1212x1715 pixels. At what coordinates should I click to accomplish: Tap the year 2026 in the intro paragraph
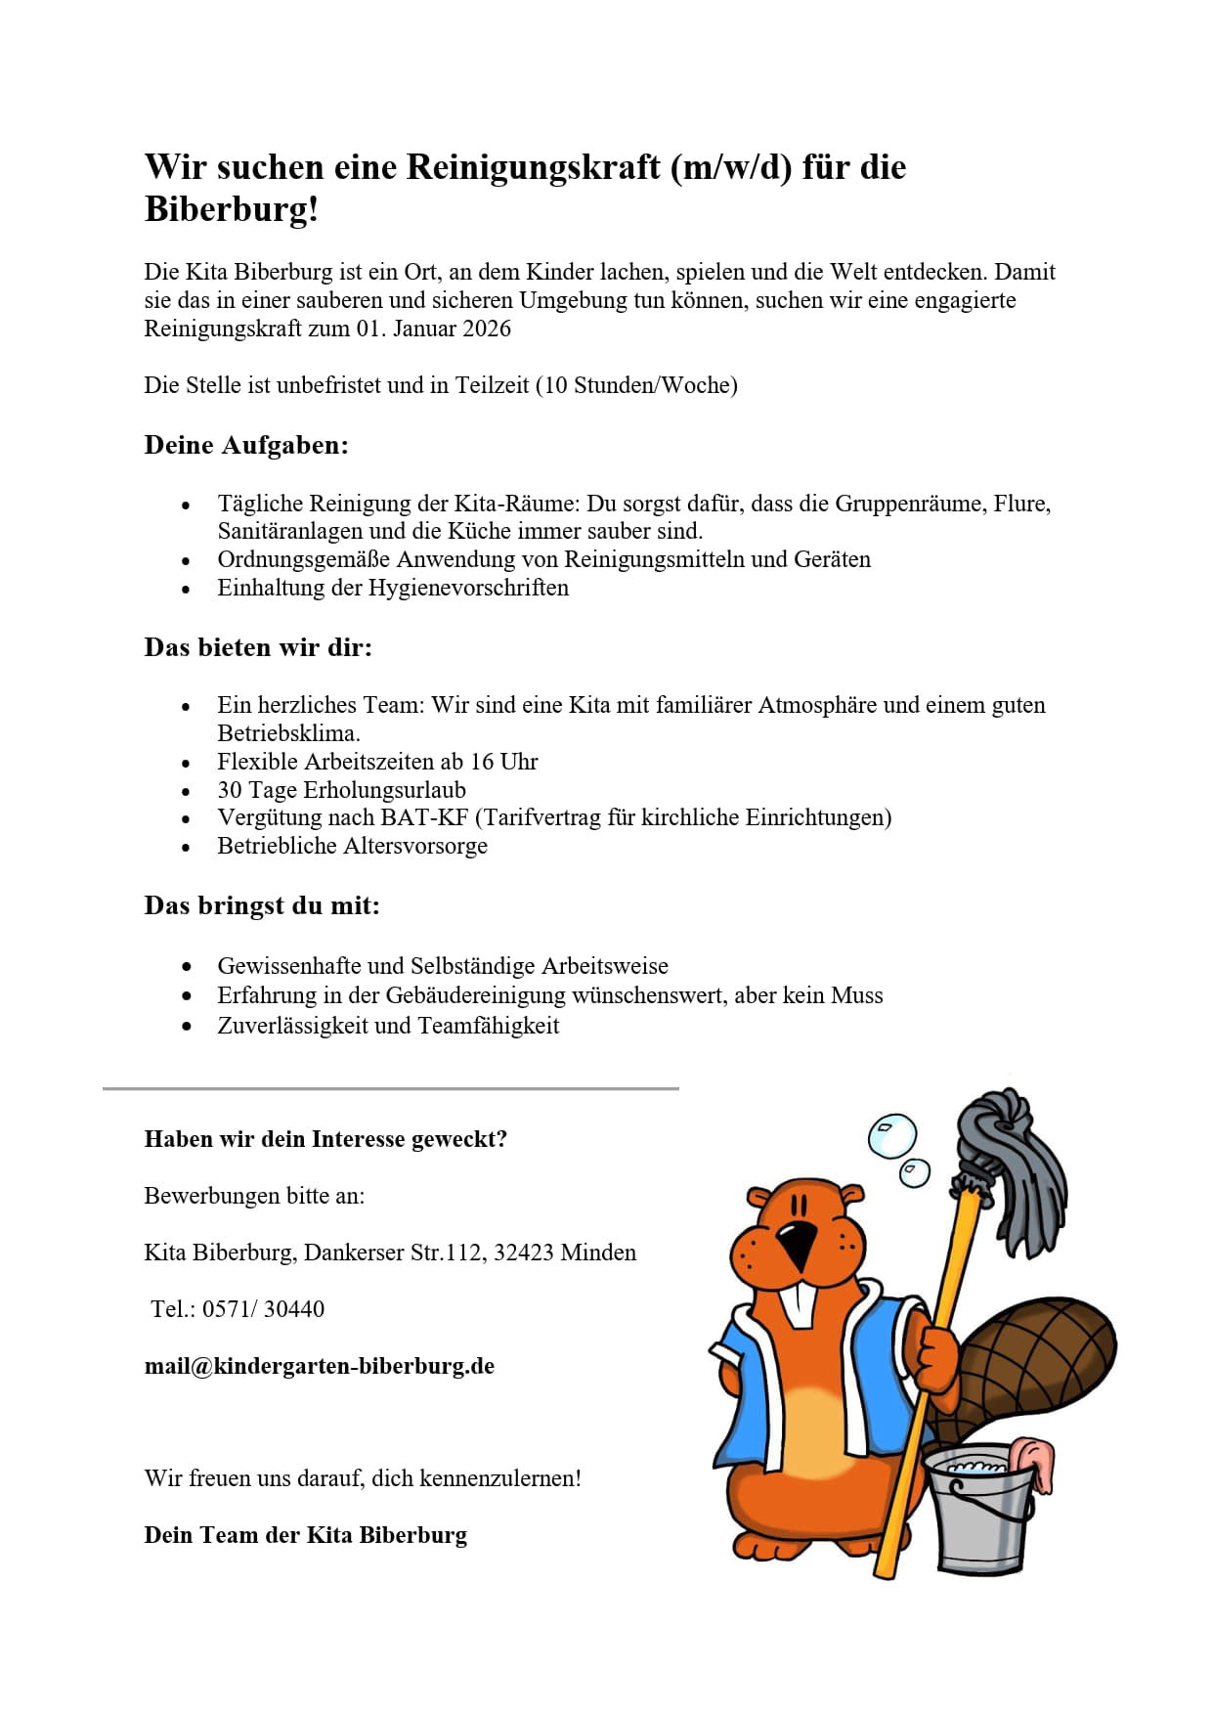487,329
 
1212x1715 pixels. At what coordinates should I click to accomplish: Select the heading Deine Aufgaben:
246,445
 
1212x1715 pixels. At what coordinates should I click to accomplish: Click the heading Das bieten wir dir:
258,647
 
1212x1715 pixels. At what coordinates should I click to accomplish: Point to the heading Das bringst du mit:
262,905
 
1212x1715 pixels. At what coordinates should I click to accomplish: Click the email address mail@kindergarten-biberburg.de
320,1366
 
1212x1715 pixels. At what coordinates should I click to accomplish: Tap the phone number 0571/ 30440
263,1309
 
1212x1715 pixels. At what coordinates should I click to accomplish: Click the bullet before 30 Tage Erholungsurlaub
186,791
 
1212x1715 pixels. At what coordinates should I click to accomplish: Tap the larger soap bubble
891,1136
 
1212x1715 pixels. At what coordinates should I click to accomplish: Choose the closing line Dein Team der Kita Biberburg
305,1535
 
